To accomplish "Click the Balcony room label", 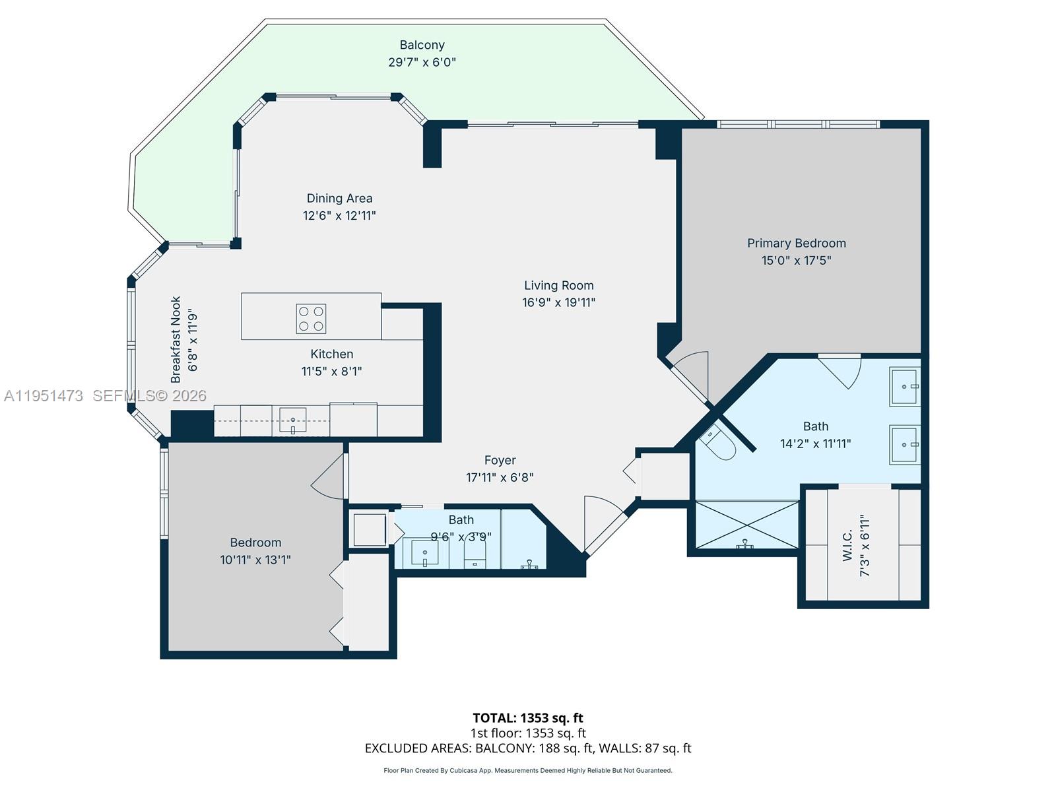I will [422, 45].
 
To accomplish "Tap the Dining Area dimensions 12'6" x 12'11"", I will [339, 215].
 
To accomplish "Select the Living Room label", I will [558, 285].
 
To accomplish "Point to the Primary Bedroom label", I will [796, 243].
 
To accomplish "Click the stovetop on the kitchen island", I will [311, 318].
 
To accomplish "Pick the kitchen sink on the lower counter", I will [292, 420].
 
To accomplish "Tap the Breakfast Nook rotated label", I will [176, 339].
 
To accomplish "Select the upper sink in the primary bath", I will [904, 386].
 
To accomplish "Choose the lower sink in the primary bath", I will [904, 445].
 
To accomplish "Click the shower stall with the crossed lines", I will [746, 525].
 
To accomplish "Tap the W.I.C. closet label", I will [847, 545].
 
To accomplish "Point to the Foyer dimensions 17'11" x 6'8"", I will [500, 477].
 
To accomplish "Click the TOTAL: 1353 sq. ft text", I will [527, 717].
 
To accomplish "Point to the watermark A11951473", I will [44, 395].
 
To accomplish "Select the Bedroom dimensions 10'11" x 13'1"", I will [255, 560].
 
